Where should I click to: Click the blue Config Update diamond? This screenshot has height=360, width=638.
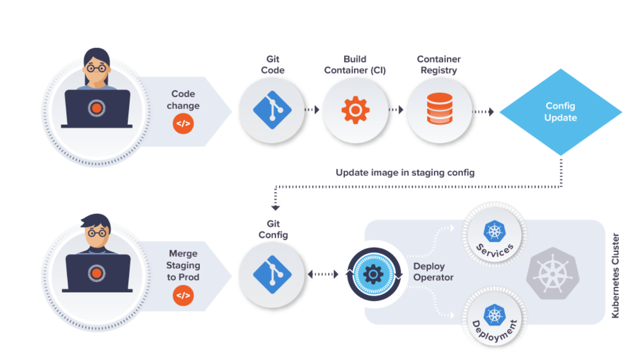tap(561, 112)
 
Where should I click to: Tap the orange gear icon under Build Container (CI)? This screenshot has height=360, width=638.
tap(355, 110)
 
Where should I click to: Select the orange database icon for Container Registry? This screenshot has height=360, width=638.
tap(440, 109)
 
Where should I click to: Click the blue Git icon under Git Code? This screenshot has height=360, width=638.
tap(272, 110)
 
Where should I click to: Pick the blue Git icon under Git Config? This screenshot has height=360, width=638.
tap(272, 275)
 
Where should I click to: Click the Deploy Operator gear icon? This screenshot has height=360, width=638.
tap(373, 274)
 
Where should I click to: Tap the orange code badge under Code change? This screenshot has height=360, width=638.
tap(183, 124)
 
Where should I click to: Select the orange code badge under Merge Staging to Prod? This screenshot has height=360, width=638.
tap(183, 296)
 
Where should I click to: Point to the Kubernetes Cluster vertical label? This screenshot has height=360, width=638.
tap(615, 276)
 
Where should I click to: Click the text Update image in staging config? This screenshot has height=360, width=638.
tap(405, 172)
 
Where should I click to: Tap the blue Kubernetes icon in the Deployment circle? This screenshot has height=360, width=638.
tap(494, 315)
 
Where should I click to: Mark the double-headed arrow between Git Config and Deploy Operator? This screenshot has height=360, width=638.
tap(323, 274)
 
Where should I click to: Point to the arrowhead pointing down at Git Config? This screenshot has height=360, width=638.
tap(275, 207)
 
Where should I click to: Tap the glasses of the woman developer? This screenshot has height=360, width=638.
tap(96, 68)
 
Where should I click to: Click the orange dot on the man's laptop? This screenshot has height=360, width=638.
tap(96, 273)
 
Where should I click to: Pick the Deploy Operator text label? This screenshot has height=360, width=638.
tap(433, 272)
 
